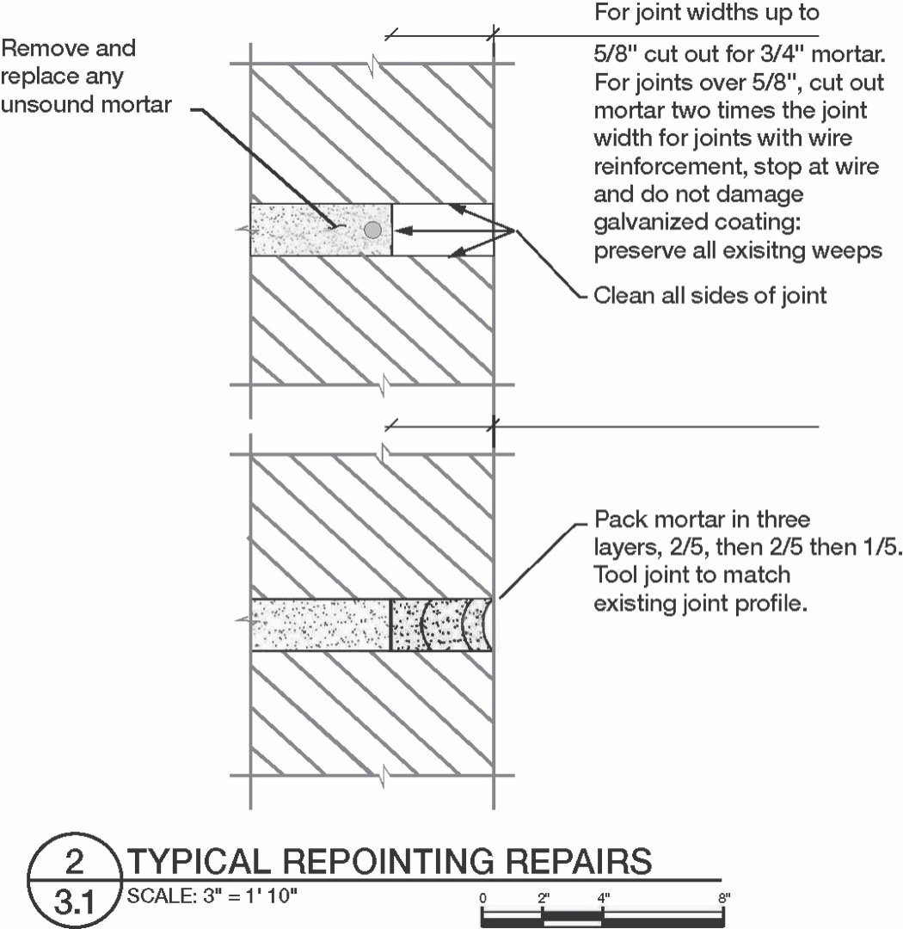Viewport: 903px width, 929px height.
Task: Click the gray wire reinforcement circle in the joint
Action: [372, 230]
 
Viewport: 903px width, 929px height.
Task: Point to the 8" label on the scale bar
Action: [724, 899]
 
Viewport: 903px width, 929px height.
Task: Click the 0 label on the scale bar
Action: [483, 899]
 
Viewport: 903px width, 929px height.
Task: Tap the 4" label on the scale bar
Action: [603, 899]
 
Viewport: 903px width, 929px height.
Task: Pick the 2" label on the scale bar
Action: [543, 899]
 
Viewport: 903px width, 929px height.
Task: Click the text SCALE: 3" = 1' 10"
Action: [212, 895]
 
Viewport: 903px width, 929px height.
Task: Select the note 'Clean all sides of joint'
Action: [710, 296]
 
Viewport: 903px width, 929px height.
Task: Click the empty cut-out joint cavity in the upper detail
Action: [442, 230]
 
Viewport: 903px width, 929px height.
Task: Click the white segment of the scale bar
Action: [573, 920]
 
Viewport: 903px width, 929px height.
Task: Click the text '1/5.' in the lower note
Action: [880, 548]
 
